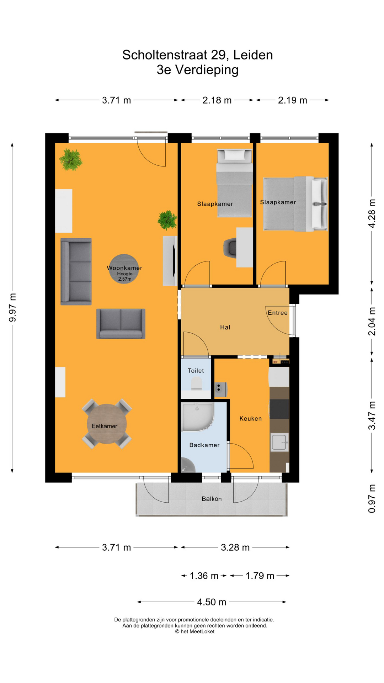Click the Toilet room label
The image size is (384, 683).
196,371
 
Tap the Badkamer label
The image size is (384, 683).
204,445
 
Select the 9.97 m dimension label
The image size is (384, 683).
13,308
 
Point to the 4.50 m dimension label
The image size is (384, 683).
212,602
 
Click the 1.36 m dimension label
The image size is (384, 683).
204,576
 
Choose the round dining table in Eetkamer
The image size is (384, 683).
107,424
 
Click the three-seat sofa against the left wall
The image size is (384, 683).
76,271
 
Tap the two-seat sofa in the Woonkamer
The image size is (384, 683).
121,323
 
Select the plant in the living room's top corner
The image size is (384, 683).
71,159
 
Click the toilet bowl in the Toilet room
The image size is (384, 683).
196,384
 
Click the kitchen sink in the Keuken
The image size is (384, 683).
279,442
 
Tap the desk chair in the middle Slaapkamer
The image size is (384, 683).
230,248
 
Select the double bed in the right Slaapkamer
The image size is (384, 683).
295,204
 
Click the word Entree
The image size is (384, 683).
277,313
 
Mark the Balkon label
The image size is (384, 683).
212,499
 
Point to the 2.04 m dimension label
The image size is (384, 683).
372,321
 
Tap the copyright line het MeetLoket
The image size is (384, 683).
195,631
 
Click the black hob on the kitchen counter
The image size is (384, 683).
279,409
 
